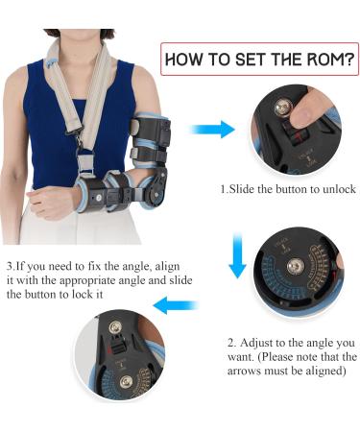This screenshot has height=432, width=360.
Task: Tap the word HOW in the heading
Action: [188, 60]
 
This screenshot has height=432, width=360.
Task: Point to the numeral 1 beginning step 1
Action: [223, 189]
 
